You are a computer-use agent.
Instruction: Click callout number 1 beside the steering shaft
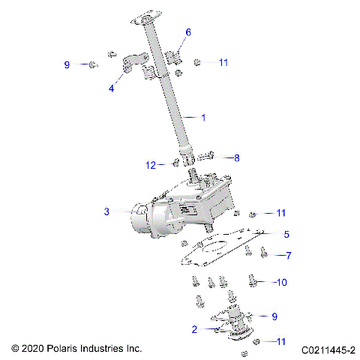click(x=202, y=117)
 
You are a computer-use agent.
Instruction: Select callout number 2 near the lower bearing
click(x=194, y=328)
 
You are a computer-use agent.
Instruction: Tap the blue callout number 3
click(x=107, y=212)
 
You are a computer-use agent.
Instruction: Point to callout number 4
click(x=111, y=88)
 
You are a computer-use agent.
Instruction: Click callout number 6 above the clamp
click(x=187, y=32)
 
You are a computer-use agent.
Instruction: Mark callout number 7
click(x=286, y=255)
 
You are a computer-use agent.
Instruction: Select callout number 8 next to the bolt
click(x=237, y=157)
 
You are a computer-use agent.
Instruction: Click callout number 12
click(x=150, y=164)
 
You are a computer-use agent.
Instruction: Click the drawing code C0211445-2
click(x=328, y=349)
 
